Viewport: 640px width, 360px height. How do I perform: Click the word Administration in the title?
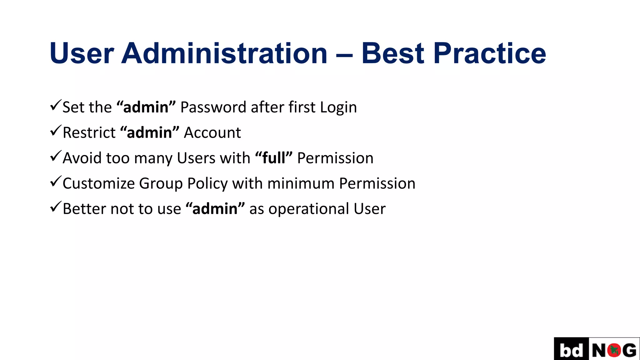[224, 53]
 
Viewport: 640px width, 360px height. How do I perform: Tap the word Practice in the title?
[489, 53]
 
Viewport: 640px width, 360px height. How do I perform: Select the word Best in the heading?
[393, 53]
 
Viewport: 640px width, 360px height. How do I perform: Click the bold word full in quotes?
[274, 158]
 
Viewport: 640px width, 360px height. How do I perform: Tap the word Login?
[338, 108]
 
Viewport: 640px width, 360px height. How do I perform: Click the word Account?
[212, 132]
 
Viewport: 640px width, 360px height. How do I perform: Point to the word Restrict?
[89, 132]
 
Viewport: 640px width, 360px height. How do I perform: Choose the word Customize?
[98, 183]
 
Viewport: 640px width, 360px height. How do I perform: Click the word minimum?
[301, 183]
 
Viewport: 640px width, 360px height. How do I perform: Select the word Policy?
[207, 183]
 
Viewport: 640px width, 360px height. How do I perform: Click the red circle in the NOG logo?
[614, 350]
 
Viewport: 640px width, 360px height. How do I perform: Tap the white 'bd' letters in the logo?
[571, 350]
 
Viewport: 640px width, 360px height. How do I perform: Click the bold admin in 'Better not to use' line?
[215, 209]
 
